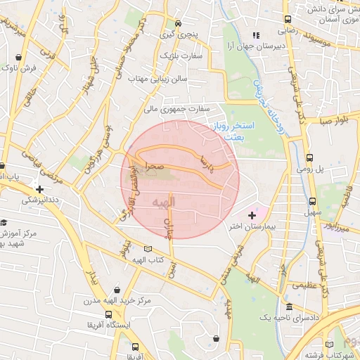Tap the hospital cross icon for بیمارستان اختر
click(252, 215)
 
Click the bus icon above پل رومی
click(311, 158)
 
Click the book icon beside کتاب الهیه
click(147, 249)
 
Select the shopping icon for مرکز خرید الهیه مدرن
click(116, 289)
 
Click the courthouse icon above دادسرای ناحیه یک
click(289, 307)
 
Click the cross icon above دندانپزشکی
click(40, 188)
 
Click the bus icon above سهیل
click(311, 200)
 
